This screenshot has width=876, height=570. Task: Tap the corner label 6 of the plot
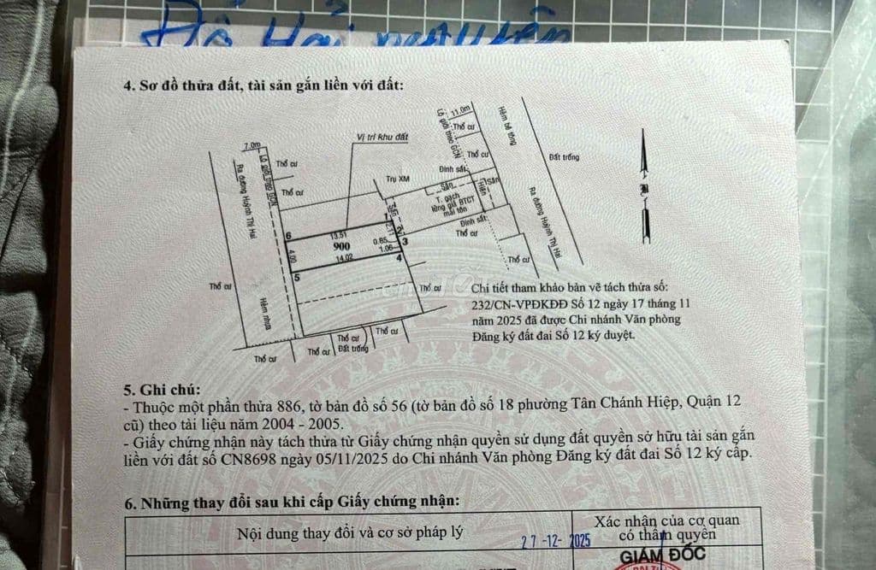coord(290,236)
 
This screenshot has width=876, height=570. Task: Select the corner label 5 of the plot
coord(296,277)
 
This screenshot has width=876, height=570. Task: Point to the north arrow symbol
coord(641,184)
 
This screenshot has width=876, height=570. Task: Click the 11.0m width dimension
coord(461,110)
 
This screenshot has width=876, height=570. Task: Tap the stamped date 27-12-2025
coord(556,540)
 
